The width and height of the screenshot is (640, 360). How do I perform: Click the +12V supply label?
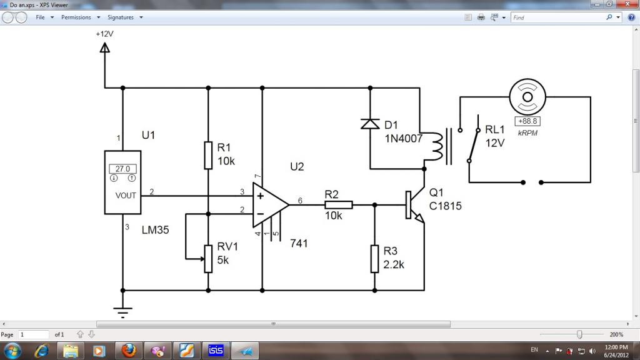tap(104, 34)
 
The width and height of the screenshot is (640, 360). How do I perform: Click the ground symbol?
tap(122, 312)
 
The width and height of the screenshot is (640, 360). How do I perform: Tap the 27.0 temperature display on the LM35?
tap(122, 169)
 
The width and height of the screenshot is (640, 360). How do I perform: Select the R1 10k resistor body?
tap(208, 156)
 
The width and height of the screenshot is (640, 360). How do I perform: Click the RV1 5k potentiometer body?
tap(208, 259)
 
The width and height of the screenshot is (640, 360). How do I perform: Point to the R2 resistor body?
tap(338, 205)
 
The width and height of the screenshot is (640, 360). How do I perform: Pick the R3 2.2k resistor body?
tap(375, 259)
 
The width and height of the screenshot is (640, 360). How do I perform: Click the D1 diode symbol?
tap(370, 124)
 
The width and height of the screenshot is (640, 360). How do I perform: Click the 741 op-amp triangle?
tap(270, 205)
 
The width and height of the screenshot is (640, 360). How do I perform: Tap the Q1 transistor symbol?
tap(414, 205)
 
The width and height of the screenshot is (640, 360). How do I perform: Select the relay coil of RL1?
tap(437, 146)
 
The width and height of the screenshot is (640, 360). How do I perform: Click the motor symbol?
tap(527, 97)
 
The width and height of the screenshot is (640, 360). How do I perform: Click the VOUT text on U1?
tap(126, 196)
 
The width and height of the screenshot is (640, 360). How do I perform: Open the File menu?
tap(40, 17)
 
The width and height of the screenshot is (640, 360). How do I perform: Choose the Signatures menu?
tap(121, 17)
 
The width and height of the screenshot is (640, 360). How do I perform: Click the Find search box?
tap(558, 17)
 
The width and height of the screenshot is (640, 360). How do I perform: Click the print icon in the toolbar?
tap(481, 17)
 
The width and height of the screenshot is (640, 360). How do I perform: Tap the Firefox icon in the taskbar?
tap(129, 350)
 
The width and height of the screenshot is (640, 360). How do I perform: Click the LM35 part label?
tap(155, 230)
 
